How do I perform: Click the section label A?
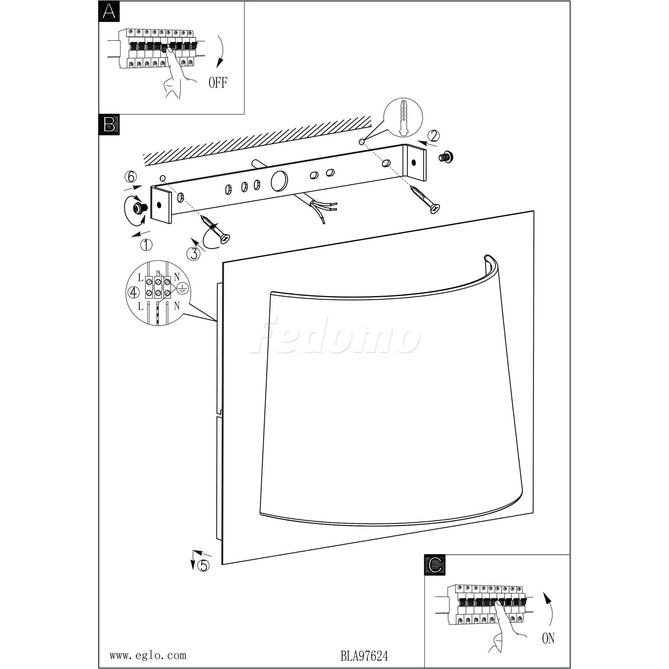coord(109,11)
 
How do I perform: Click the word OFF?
coord(218,83)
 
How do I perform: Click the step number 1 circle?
coord(146,245)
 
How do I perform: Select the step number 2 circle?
coord(434,136)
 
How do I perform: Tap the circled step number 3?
coord(193,254)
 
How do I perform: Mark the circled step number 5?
coord(203,565)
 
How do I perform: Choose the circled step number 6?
coord(130,177)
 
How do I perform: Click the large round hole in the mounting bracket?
coord(279,181)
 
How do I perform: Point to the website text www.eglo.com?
coord(148,656)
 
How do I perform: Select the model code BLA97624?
coord(364,656)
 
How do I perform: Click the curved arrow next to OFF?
coord(220,51)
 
